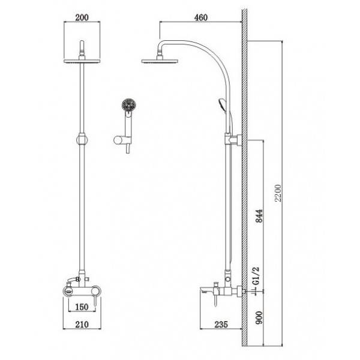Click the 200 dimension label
pos(82,17)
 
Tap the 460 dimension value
pos(201,17)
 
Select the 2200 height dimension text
pos(278,193)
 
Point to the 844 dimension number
pos(259,216)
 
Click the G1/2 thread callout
pos(256,276)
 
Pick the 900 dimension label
pos(259,318)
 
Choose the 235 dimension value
pos(221,325)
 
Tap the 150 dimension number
pos(82,307)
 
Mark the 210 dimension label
pos(82,325)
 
